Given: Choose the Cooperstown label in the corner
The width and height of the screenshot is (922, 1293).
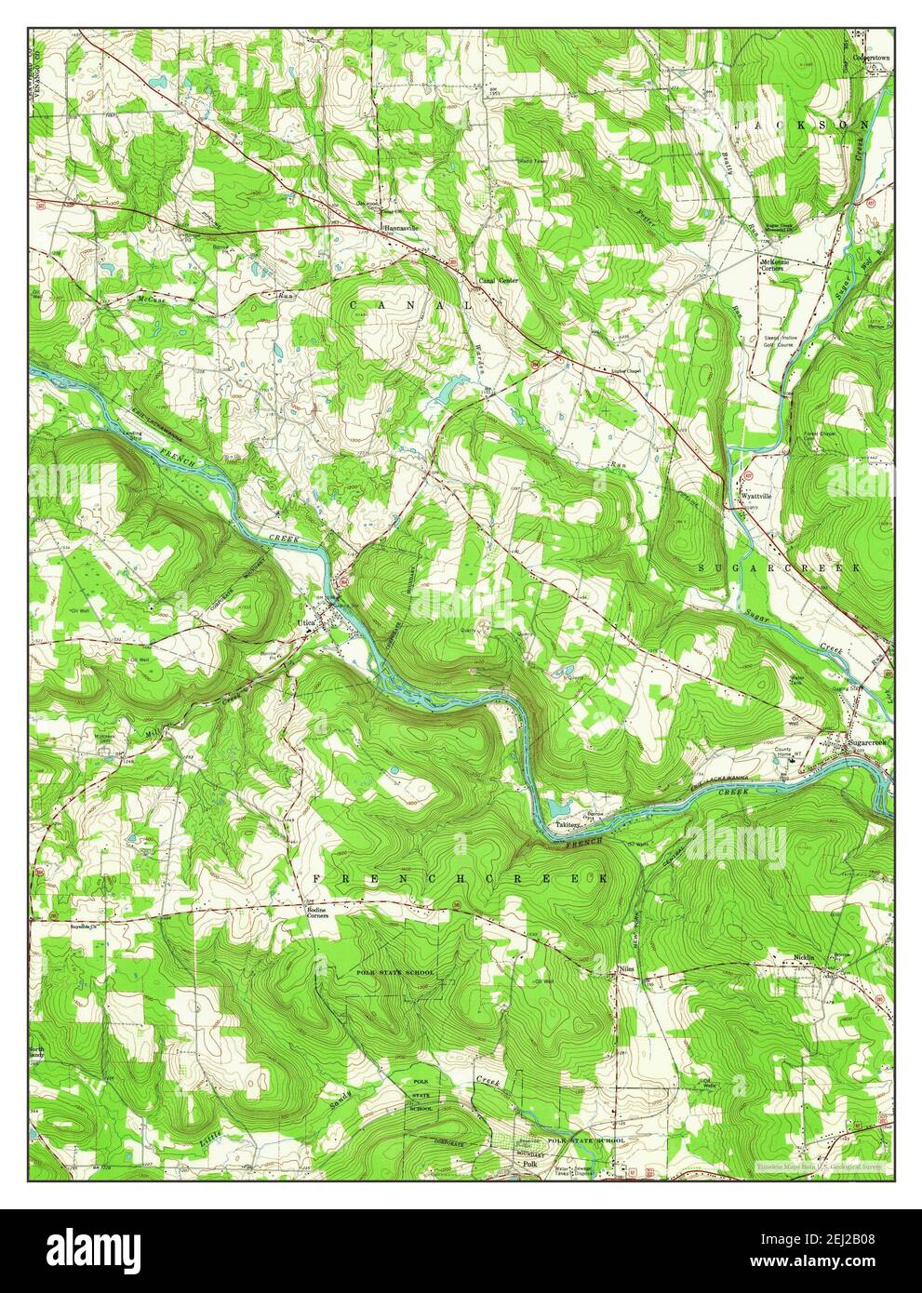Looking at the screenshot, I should (x=872, y=57).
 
